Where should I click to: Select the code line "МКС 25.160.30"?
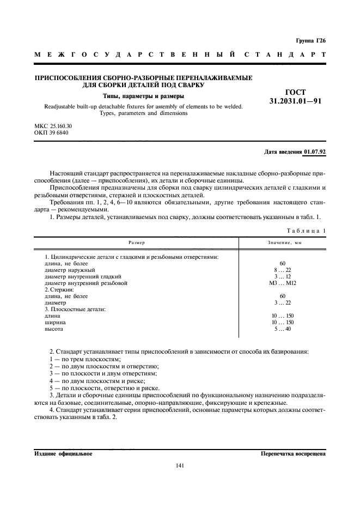coord(53,126)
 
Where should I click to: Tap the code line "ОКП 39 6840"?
coord(51,133)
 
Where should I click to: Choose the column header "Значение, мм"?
coord(282,242)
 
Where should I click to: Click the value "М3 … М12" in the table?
coord(282,283)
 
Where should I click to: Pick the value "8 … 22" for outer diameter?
coord(282,270)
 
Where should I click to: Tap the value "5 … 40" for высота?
coord(282,329)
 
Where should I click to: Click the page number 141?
coord(180,465)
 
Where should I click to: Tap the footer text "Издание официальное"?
coord(63,453)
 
